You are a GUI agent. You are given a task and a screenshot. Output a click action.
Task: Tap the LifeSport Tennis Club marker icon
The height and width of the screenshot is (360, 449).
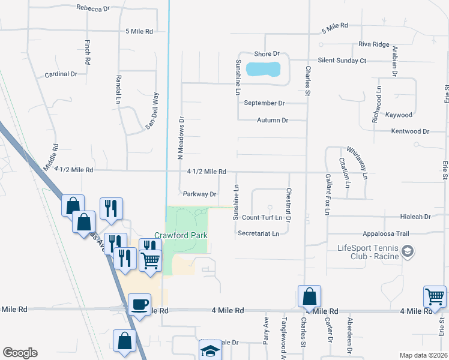tap(407, 250)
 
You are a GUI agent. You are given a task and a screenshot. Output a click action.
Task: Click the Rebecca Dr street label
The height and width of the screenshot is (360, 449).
tap(94, 8)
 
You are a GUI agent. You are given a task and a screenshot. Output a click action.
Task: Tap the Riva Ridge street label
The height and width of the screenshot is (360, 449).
tap(374, 44)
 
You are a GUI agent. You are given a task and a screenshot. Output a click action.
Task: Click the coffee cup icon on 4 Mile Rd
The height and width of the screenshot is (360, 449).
tap(140, 304)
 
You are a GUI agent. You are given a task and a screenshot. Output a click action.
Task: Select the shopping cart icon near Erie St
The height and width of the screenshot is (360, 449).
tap(435, 295)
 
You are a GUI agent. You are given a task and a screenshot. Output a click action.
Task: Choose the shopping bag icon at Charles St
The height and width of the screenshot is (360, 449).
tap(309, 295)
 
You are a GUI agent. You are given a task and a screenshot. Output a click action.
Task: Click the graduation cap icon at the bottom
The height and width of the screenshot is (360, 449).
tap(209, 350)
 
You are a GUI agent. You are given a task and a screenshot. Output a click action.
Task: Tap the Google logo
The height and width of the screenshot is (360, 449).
tap(20, 353)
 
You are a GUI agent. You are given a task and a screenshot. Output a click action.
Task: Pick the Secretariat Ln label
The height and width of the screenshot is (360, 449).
tap(259, 233)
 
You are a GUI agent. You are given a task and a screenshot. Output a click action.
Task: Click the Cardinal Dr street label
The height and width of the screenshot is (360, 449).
tap(61, 74)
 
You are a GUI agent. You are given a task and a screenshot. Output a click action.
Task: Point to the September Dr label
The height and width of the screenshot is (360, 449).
tap(264, 103)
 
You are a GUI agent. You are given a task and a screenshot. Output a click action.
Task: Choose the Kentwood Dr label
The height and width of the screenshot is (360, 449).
tap(410, 131)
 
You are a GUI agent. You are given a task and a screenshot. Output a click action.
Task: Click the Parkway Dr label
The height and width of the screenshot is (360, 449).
tap(199, 194)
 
